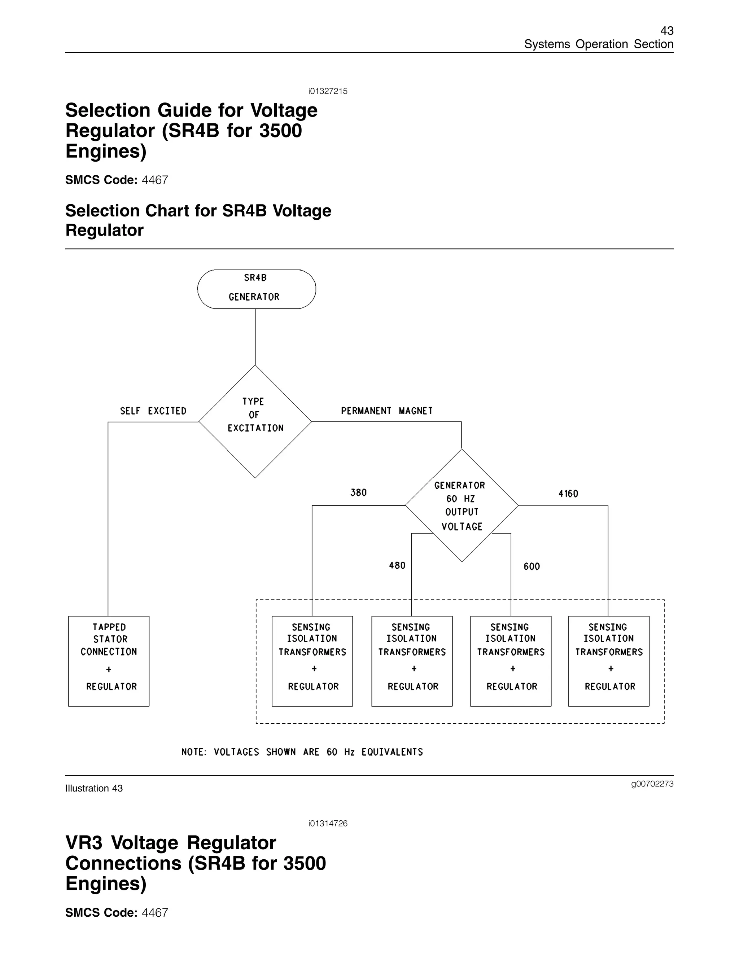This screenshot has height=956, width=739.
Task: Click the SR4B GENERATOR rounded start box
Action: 256,289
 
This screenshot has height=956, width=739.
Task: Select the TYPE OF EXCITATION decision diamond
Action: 255,421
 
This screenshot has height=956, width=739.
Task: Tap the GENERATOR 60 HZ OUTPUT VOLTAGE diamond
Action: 462,505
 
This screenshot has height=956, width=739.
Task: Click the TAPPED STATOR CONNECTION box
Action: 109,661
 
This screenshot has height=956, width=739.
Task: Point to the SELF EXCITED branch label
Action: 153,411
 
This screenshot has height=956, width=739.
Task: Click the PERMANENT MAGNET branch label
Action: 386,411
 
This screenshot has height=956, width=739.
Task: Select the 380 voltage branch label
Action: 358,492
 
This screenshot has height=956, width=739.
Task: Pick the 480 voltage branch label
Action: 397,566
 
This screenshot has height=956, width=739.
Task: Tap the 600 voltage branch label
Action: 532,566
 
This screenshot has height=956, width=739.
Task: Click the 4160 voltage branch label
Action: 568,494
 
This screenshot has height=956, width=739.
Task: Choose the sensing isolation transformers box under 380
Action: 312,661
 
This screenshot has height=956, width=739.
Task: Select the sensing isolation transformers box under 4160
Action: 608,661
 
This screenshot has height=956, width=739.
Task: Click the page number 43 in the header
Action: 667,31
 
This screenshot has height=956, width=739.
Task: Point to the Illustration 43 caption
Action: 94,788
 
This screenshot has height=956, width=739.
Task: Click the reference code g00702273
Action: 652,784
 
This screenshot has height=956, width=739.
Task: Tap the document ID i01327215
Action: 328,91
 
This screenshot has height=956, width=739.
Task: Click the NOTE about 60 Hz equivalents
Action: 302,752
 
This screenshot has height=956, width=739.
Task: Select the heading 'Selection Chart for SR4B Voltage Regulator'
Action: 198,220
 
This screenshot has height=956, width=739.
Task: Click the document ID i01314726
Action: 328,823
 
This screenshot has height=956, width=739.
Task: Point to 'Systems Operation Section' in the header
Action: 599,44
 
